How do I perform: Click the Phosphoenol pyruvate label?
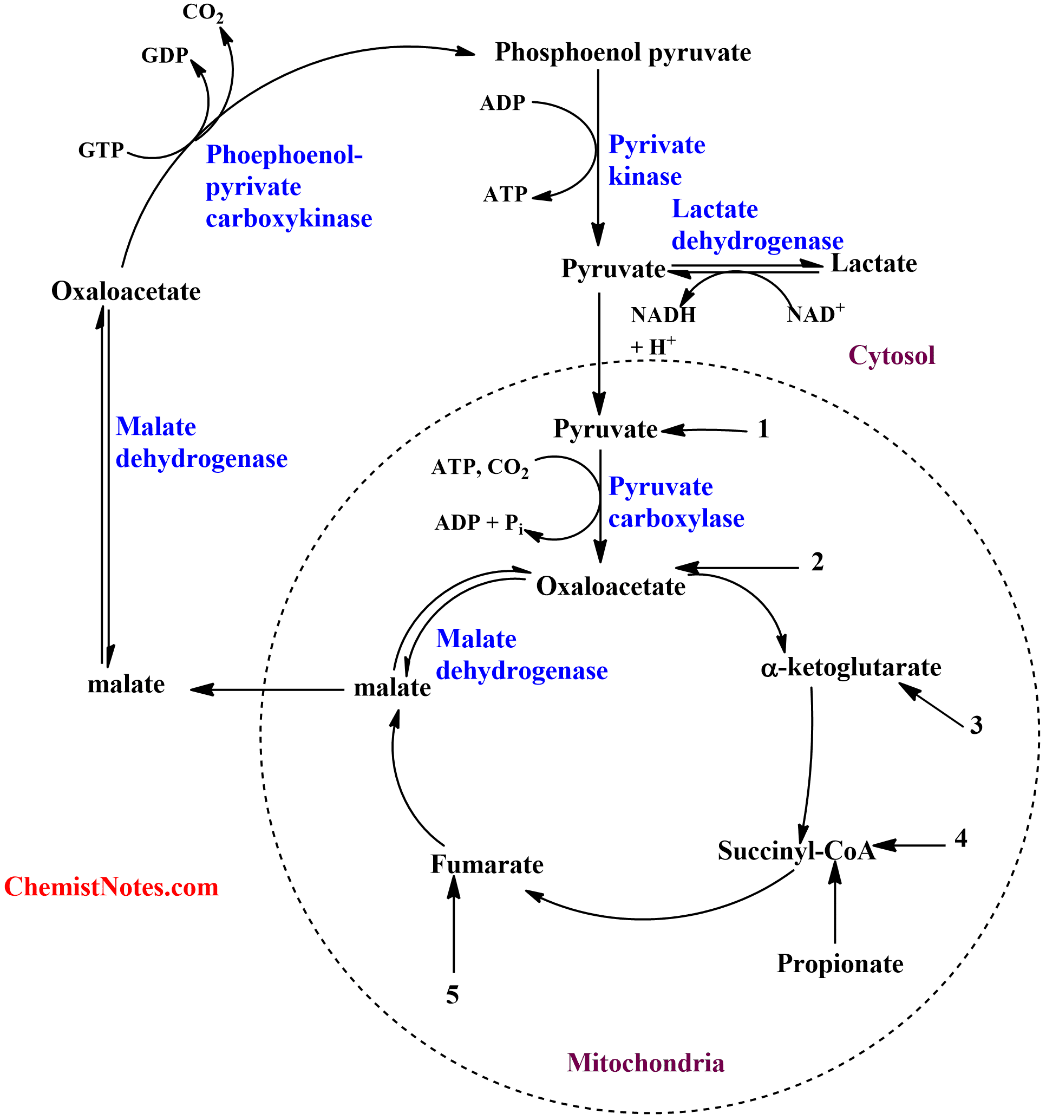623,53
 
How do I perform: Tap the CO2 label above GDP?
203,12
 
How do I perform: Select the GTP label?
101,150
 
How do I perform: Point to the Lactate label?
874,264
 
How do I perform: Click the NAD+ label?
815,313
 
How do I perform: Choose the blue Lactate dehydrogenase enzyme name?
756,225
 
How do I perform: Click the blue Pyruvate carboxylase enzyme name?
676,503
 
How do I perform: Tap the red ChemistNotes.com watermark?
111,887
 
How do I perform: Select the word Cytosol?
892,355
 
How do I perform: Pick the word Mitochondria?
645,1063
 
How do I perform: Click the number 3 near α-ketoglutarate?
976,726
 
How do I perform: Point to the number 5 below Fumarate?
452,996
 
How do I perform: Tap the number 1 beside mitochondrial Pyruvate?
763,429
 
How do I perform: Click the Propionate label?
840,964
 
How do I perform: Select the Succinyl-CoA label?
796,851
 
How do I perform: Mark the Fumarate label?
487,864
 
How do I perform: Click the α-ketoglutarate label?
851,668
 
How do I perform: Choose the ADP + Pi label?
479,523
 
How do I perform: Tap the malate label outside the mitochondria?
126,685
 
